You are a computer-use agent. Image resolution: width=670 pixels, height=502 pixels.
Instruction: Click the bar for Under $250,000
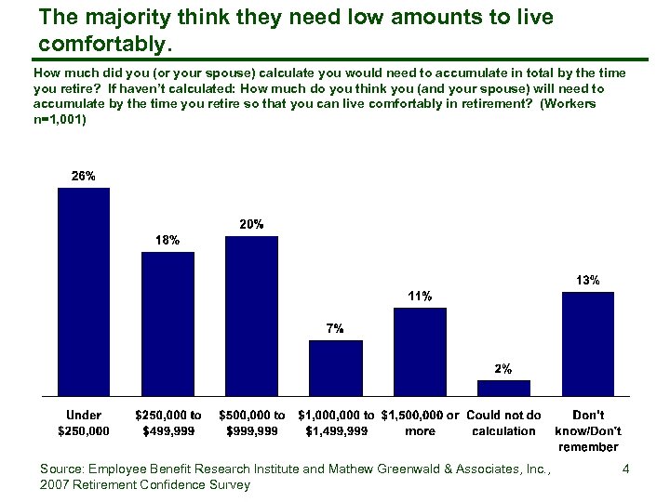(84, 292)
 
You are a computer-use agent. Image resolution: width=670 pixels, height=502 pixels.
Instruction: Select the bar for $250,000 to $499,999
(167, 324)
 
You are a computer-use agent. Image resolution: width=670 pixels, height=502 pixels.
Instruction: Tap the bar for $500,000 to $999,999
(251, 316)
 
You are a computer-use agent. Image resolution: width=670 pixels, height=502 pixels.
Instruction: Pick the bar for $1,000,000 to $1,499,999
(336, 368)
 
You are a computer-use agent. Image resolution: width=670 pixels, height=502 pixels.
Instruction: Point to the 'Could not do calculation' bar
(503, 388)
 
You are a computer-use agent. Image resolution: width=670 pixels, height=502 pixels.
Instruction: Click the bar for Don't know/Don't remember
(587, 344)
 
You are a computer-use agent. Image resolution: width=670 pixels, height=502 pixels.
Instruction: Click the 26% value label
(84, 176)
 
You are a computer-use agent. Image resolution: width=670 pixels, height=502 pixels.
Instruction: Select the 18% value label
(167, 240)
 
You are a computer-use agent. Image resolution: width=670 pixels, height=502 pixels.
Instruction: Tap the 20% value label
(252, 224)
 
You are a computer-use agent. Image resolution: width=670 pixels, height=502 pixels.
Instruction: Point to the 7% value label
(335, 328)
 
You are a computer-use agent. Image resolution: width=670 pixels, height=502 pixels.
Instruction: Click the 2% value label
(503, 368)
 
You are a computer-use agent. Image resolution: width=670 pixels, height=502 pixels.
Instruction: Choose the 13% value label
(587, 280)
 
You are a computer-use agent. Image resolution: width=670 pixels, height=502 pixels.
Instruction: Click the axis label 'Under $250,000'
(84, 423)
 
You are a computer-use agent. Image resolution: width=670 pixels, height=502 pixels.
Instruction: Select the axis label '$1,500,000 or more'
(420, 423)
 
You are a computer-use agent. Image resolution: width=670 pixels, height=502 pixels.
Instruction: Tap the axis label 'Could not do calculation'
(503, 423)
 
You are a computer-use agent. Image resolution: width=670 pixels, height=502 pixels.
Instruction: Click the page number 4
(625, 469)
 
